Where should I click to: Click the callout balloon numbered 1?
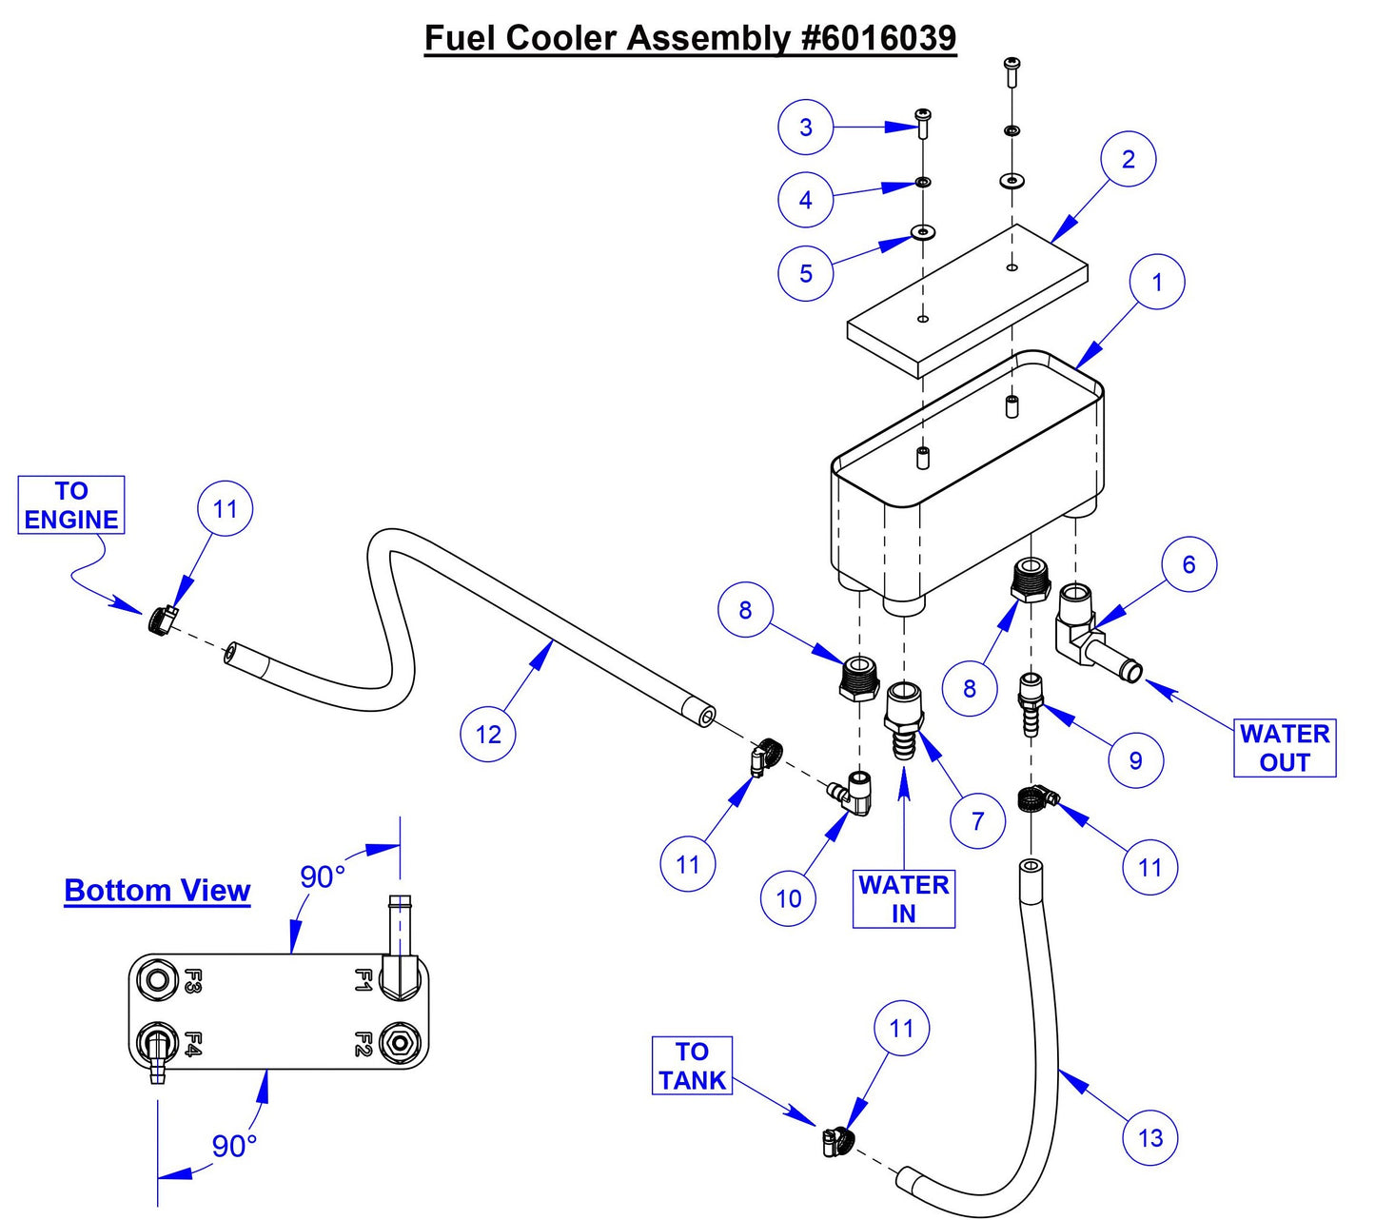point(1157,283)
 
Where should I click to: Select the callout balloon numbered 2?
point(1128,159)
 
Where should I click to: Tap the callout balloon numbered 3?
point(805,127)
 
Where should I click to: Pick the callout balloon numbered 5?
point(805,273)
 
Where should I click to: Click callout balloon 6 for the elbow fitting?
point(1188,564)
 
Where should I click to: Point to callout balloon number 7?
point(977,820)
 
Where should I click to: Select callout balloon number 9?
point(1134,760)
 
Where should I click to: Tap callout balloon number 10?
point(788,898)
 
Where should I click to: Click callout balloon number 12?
point(487,734)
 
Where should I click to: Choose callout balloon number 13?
point(1149,1137)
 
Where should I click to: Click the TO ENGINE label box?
point(71,505)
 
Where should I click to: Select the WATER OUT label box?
point(1284,748)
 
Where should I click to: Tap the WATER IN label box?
point(903,898)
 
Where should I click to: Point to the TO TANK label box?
point(692,1066)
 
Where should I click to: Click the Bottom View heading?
point(157,891)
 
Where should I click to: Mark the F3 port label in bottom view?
point(191,980)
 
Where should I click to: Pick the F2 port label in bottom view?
point(363,1043)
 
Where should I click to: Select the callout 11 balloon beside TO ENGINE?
point(225,509)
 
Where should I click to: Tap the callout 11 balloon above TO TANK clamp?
point(901,1028)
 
